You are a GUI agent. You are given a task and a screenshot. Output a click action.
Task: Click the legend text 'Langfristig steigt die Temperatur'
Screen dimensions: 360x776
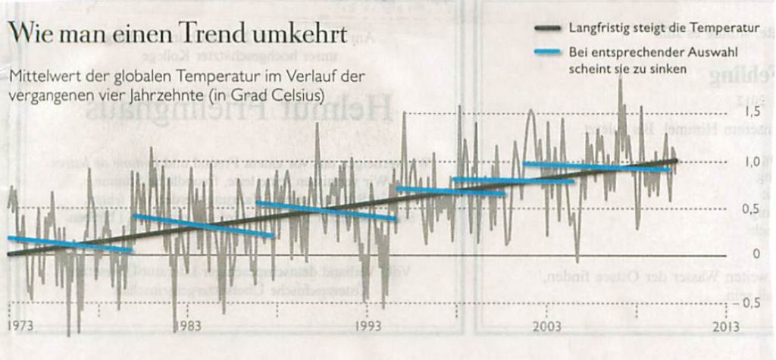(664, 29)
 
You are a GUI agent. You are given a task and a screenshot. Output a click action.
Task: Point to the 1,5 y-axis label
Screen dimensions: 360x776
(751, 112)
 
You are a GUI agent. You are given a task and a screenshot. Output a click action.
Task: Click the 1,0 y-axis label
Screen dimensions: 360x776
(751, 161)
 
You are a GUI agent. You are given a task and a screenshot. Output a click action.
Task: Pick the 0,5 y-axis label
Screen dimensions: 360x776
(751, 208)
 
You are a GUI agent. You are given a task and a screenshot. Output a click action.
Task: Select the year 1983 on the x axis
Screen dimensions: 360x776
(187, 327)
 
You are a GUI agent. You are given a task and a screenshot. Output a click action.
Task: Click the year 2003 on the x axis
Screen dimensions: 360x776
(546, 327)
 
